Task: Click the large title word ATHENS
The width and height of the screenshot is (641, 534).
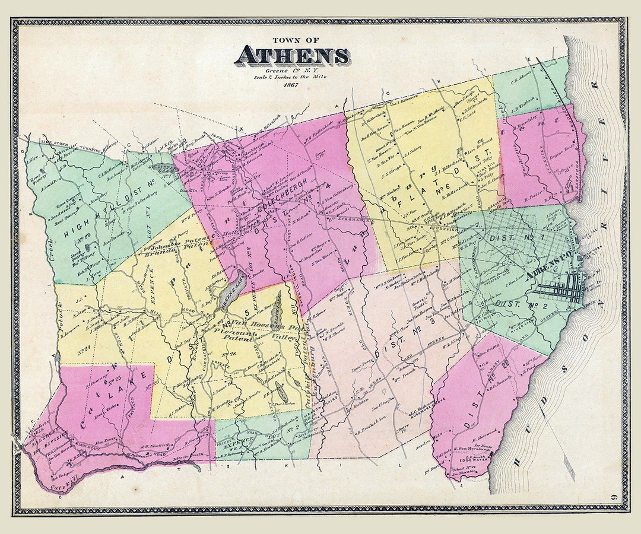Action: click(x=291, y=55)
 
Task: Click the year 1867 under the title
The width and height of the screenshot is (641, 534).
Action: click(x=291, y=85)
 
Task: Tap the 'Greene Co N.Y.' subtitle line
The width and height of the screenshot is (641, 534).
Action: click(x=291, y=71)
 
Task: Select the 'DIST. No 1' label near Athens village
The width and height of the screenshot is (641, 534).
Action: click(x=507, y=237)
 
